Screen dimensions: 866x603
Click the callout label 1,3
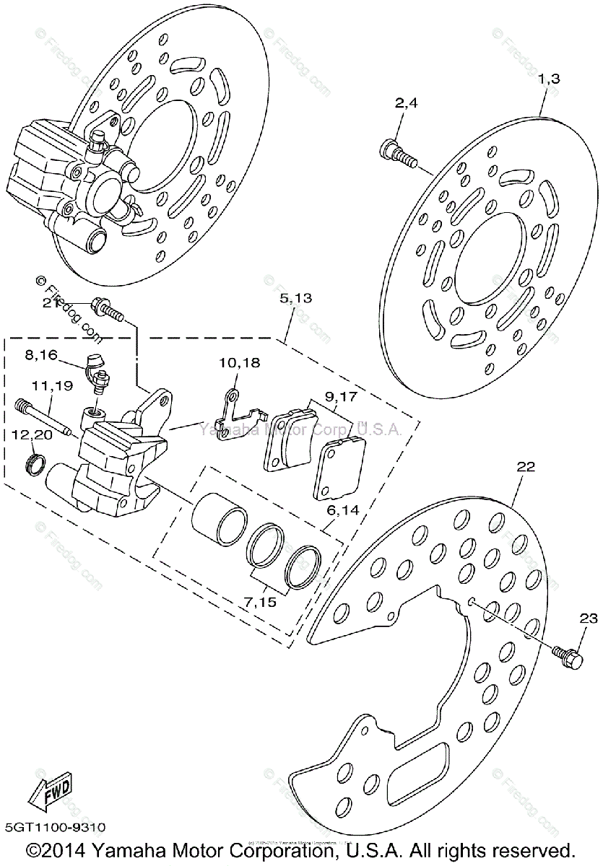point(549,79)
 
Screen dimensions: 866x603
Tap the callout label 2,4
point(406,103)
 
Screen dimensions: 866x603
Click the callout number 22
point(525,467)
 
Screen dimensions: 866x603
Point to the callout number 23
point(589,618)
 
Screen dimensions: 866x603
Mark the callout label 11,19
point(51,386)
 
